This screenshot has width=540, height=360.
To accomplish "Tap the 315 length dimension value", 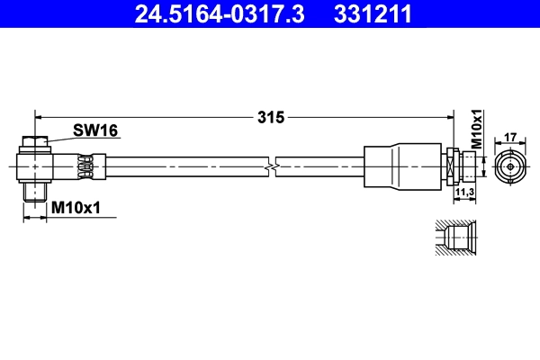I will (270, 117).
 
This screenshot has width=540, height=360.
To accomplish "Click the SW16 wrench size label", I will (95, 131).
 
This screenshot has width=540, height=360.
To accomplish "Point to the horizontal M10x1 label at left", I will (76, 208).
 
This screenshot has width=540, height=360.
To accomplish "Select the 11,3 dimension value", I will (465, 193).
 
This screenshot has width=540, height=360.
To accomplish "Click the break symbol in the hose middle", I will (271, 166).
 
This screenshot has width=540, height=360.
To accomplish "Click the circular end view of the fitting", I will (508, 166).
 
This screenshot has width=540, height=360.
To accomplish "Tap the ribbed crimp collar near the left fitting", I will (86, 166).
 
